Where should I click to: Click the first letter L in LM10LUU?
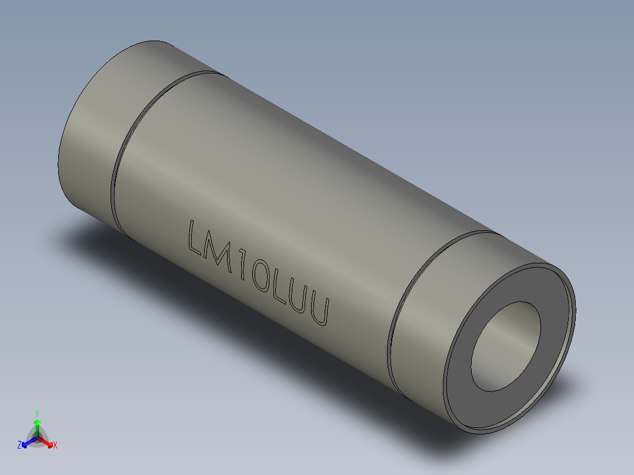pos(195,236)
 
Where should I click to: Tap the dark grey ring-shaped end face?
pos(465,376)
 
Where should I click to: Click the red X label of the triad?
pos(55,446)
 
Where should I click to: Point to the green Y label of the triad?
pos(37,413)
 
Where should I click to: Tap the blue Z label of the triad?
pos(19,446)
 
